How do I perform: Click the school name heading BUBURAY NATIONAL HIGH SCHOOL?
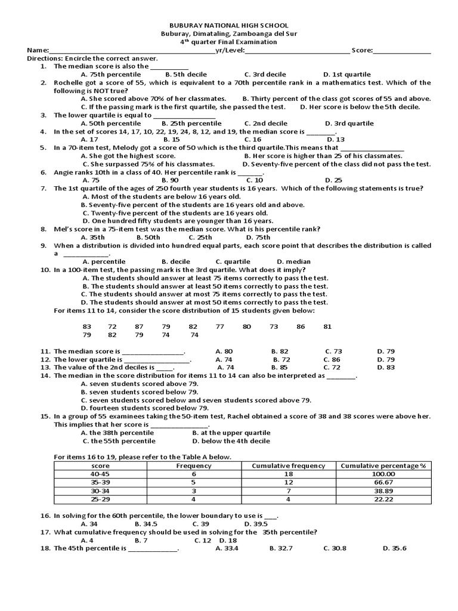coord(229,26)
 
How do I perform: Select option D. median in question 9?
coord(293,261)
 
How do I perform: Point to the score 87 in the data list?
coord(139,326)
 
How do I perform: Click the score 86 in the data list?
coord(301,326)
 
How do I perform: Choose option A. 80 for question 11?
coord(224,351)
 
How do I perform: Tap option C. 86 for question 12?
coord(332,360)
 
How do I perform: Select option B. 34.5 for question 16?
coord(146,523)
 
